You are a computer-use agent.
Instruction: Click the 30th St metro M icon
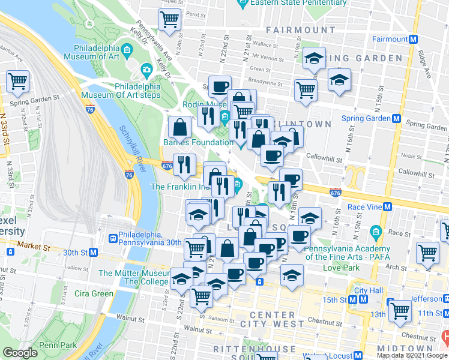(x=93, y=253)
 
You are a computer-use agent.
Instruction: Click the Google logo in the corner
(x=20, y=353)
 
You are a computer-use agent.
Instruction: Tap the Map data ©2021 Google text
(x=411, y=355)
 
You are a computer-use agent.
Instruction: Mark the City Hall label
(x=369, y=290)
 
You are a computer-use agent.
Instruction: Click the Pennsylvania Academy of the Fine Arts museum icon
(x=376, y=232)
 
